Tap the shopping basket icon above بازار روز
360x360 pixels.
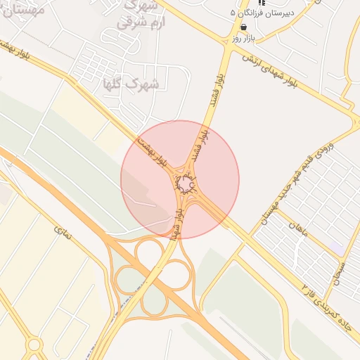(243, 27)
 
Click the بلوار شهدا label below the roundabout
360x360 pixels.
(181, 221)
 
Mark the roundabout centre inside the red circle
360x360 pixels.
(185, 185)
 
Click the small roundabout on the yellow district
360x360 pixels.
(34, 345)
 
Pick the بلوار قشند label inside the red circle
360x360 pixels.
(200, 144)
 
